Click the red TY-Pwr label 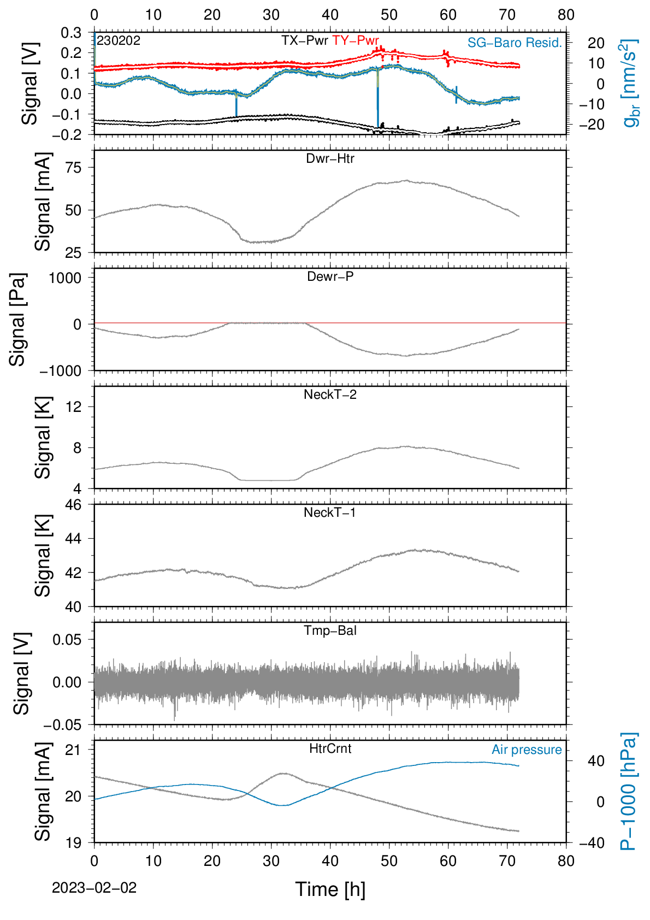tap(356, 40)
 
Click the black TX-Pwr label tap(305, 40)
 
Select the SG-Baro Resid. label tap(515, 43)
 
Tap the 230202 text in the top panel tap(119, 40)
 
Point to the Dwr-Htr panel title tap(330, 158)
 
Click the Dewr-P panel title tap(330, 276)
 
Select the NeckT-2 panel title tap(330, 394)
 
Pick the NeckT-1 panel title tap(330, 512)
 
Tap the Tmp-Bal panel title tap(330, 630)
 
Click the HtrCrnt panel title tap(330, 748)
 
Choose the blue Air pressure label tap(527, 750)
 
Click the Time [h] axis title tap(330, 889)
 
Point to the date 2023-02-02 tap(94, 888)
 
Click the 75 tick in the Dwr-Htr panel tap(74, 168)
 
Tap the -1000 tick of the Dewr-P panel tap(60, 371)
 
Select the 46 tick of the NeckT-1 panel tap(74, 504)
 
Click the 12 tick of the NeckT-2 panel tap(74, 406)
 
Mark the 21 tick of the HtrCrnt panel tap(74, 750)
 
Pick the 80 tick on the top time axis tap(566, 15)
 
